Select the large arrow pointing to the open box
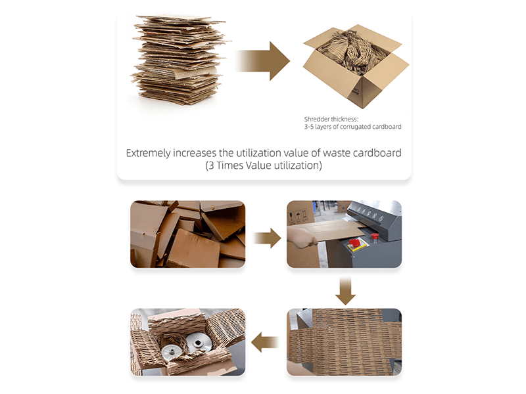[262, 61]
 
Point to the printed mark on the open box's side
[355, 91]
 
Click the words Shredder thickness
[331, 119]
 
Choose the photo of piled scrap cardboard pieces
[188, 234]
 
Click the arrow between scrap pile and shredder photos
[267, 238]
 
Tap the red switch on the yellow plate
[354, 242]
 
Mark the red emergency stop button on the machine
[374, 236]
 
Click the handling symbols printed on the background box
[299, 217]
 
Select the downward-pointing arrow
[345, 291]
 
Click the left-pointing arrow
[265, 342]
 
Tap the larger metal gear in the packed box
[199, 343]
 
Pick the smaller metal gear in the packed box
[172, 353]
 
